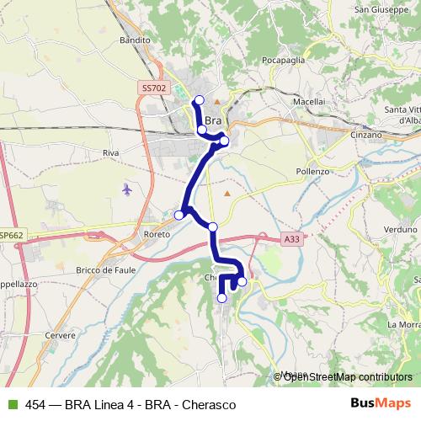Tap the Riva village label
click(110, 152)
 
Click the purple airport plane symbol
click(127, 188)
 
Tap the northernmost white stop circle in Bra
click(199, 101)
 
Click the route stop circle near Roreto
click(179, 216)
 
